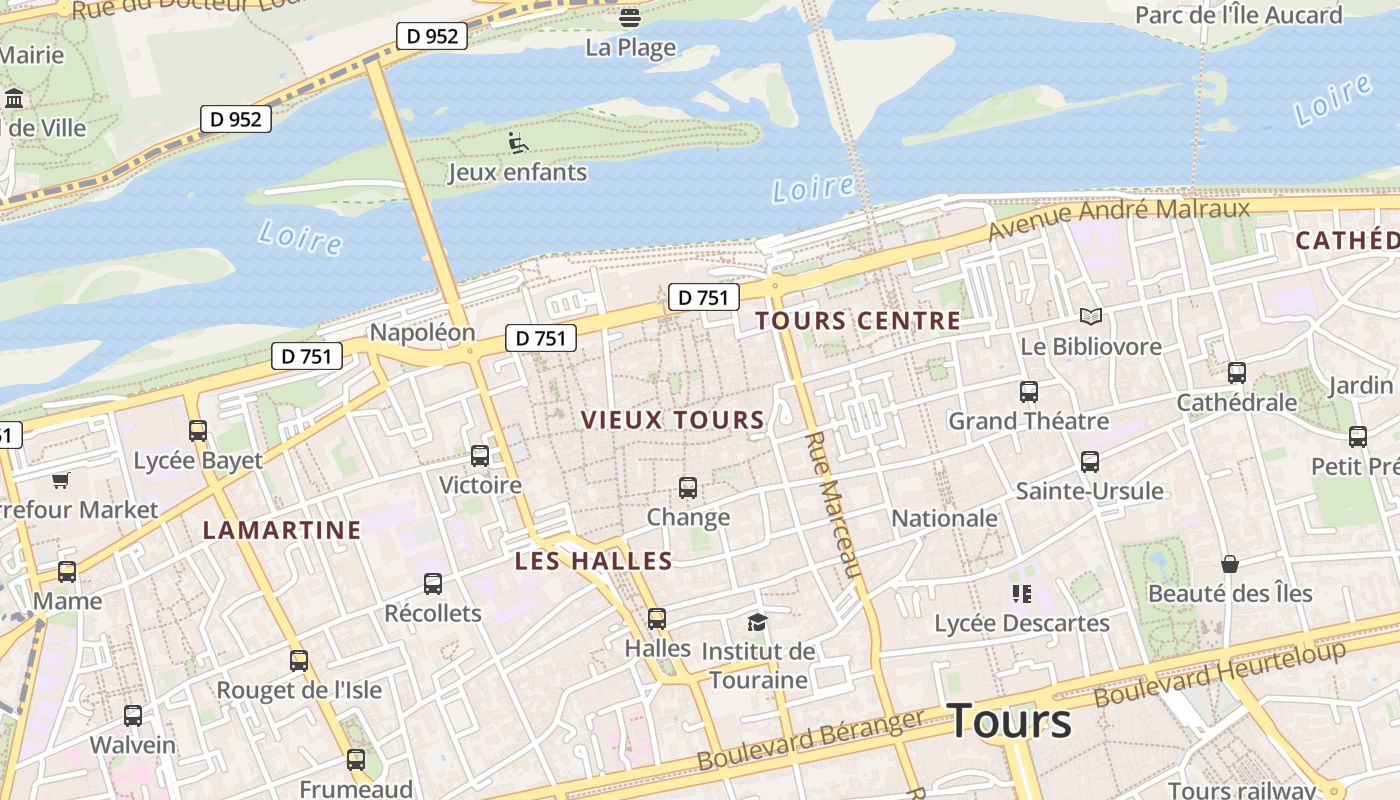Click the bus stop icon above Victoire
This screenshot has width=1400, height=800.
coord(480,456)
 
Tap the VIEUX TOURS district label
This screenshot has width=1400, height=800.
coord(673,420)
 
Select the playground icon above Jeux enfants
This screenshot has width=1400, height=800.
coord(517,143)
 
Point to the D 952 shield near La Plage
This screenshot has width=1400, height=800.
coord(432,36)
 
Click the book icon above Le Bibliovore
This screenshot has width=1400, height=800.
coord(1090,317)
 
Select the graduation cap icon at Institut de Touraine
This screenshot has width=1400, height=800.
coord(757,622)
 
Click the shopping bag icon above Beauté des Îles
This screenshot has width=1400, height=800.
coord(1229,565)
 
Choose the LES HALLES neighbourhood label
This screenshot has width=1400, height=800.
coord(593,561)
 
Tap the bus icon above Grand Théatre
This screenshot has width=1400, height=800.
coord(1028,392)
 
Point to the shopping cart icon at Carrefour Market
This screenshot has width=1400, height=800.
coord(61,481)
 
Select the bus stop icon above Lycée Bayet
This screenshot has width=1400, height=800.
coord(198,431)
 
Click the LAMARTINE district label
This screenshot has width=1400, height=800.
coord(282,530)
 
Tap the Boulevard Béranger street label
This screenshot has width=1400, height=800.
coord(811,740)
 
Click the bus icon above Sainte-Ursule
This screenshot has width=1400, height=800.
coord(1089,462)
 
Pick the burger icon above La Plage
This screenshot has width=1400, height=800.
coord(630,17)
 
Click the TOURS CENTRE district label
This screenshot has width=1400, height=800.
coord(857,321)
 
